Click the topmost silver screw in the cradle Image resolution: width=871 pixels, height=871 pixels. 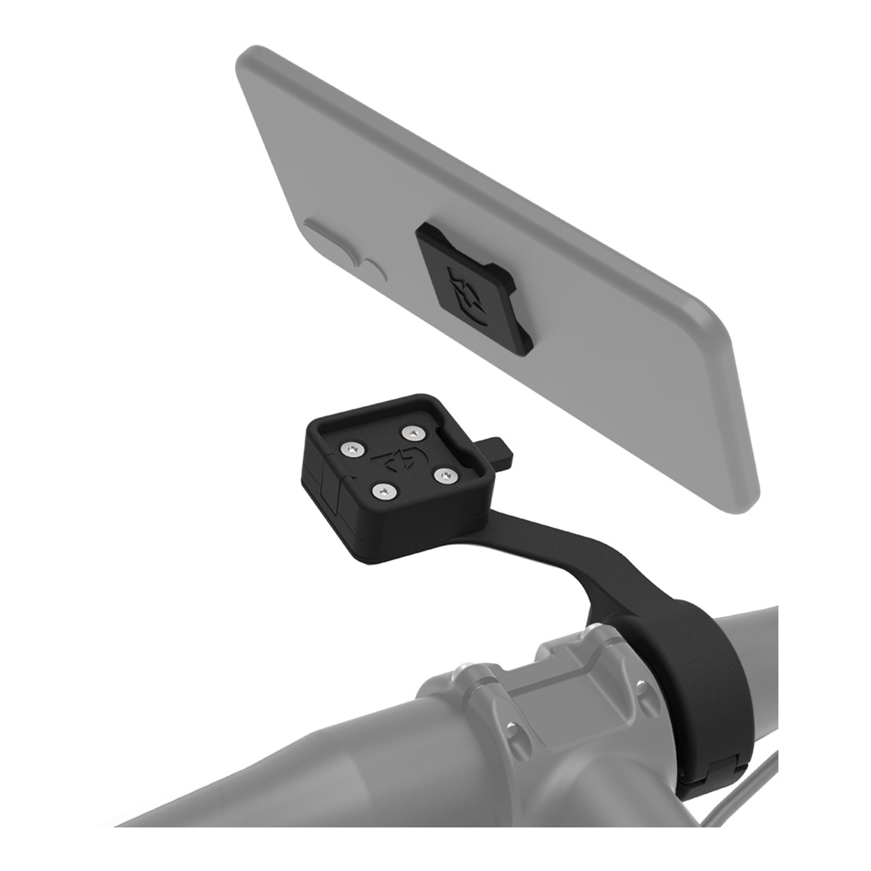[x=413, y=418]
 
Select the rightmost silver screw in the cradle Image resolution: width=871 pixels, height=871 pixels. [x=448, y=461]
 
